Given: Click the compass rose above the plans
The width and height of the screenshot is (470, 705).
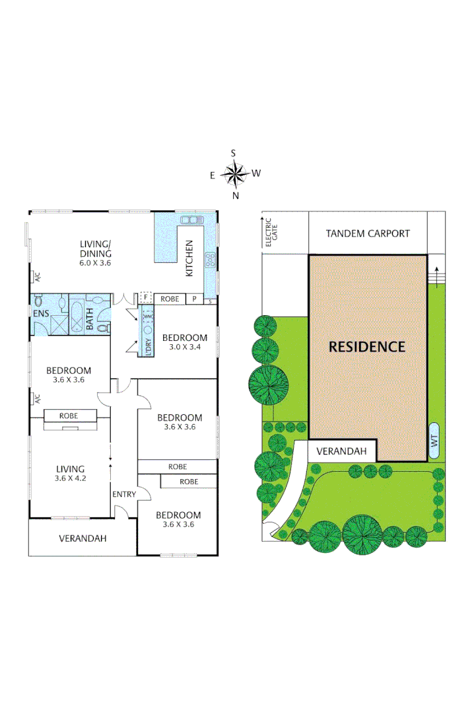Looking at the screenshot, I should click(x=234, y=174).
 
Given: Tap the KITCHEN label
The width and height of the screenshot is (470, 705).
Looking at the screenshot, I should click(x=189, y=258).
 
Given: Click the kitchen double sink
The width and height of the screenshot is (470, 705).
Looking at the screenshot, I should click(x=192, y=219).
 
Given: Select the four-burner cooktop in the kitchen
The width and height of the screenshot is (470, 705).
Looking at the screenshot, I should click(x=211, y=260).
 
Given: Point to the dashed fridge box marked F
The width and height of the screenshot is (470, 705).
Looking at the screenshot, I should click(x=146, y=298).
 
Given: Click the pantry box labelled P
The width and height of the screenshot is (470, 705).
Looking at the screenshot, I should click(x=194, y=299).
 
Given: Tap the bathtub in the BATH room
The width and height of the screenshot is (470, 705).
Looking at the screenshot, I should click(x=77, y=316).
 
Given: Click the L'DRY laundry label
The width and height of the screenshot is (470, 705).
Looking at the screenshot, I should click(x=149, y=347).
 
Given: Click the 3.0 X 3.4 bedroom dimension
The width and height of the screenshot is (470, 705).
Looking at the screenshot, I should click(x=185, y=347).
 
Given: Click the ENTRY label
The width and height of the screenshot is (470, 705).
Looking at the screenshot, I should click(x=124, y=494).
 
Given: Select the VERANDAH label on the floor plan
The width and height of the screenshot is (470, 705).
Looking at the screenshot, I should click(x=82, y=538).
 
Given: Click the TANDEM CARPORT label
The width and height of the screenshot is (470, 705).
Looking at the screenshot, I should click(x=368, y=233).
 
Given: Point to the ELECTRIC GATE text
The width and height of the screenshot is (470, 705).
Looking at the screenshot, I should click(x=268, y=234).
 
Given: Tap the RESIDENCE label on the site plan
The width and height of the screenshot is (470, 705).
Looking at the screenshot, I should click(x=367, y=346).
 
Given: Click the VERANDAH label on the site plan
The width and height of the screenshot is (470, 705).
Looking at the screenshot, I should click(x=341, y=451).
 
